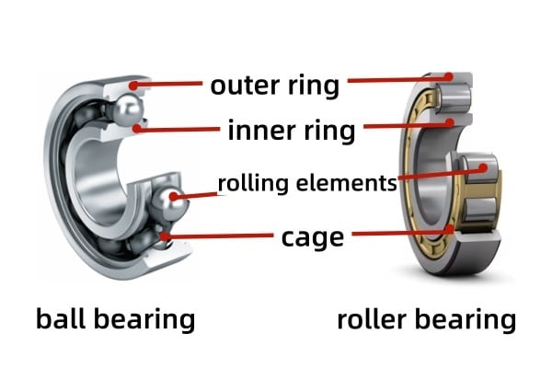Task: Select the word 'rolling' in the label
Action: point(248,183)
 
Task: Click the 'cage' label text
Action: point(312,237)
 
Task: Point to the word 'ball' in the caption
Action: point(61,319)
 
